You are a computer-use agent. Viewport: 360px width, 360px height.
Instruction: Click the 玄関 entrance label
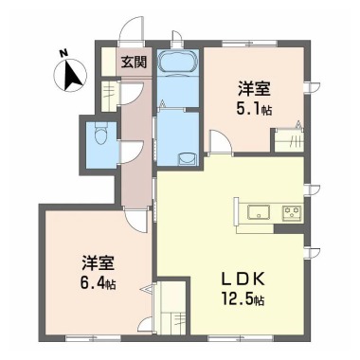133,63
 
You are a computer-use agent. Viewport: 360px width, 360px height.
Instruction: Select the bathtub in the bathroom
176,65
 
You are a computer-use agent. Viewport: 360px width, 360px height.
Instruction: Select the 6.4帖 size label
98,282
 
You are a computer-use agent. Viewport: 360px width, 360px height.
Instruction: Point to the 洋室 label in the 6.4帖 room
98,261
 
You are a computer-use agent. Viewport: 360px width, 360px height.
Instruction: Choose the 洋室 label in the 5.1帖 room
255,88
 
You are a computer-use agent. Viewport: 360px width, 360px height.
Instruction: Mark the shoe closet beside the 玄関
108,95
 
